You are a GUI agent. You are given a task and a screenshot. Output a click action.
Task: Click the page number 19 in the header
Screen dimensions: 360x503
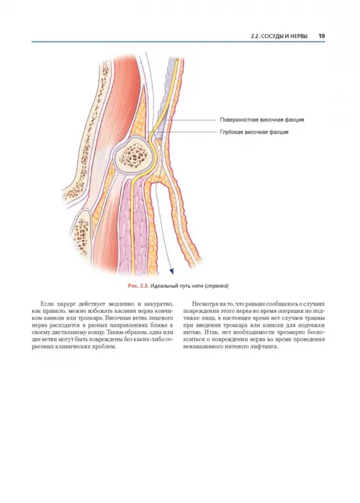coord(322,36)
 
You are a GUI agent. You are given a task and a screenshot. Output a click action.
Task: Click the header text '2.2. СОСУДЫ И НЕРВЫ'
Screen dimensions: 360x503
coord(279,36)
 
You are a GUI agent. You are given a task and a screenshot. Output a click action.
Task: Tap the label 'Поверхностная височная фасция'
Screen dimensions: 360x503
coord(262,120)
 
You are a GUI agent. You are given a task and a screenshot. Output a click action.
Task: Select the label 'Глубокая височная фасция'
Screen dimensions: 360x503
coord(254,132)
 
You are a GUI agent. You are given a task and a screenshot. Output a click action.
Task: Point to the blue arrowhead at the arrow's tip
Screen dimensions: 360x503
coord(171,271)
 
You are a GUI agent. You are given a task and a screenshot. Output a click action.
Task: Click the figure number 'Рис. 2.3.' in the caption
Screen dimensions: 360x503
coord(138,286)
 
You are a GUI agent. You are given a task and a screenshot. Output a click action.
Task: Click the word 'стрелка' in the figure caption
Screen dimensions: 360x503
coord(217,286)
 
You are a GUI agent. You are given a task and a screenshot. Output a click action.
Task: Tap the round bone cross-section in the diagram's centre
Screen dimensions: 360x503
coord(132,155)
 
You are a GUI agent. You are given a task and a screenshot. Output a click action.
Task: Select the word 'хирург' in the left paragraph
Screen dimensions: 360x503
coord(66,304)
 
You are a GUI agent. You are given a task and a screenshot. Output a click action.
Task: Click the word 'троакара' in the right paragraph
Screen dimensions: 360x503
coord(234,325)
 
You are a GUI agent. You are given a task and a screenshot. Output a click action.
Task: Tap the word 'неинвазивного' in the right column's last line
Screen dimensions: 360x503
coord(202,347)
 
